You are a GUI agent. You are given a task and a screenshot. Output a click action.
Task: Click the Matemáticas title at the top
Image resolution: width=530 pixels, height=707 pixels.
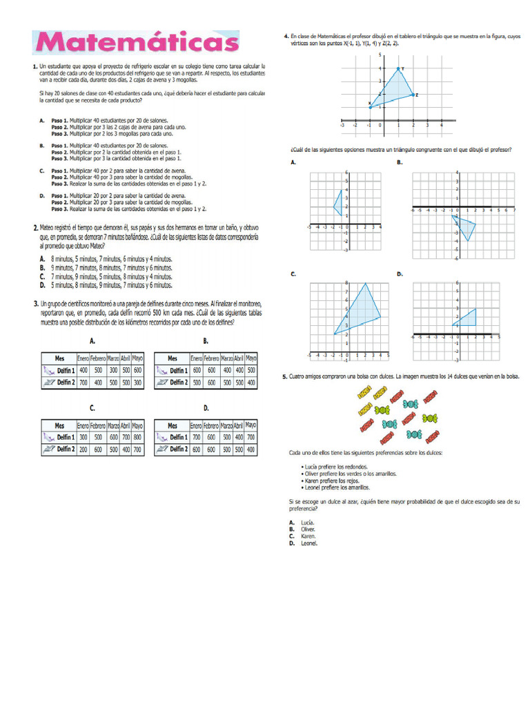tap(137, 43)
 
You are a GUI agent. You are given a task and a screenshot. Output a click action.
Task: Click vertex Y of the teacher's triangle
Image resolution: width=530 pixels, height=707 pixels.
tap(398, 68)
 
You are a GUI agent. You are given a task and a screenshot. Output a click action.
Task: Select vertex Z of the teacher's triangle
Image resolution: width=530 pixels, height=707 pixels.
tap(413, 94)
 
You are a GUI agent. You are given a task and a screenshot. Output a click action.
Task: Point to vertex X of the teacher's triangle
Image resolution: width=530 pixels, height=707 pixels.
tap(370, 107)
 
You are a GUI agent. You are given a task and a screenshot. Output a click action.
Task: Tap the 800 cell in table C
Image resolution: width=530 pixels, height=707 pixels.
tap(137, 437)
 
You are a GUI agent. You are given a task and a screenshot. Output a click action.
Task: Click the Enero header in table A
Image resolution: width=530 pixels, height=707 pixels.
tap(84, 358)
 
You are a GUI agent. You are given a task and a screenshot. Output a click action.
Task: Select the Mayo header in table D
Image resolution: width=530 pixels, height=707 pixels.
tap(251, 425)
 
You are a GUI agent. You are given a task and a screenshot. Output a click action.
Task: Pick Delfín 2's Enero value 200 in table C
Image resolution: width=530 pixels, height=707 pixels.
tap(84, 449)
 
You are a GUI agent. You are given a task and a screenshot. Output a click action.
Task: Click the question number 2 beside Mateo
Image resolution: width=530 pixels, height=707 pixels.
tap(35, 227)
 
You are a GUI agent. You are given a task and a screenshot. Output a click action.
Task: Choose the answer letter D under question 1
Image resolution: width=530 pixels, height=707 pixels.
tap(41, 195)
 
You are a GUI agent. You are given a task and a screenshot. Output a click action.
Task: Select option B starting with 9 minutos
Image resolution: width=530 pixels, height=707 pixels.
tap(42, 267)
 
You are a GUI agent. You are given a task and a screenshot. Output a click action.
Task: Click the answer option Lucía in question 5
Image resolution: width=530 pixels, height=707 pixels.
tap(307, 523)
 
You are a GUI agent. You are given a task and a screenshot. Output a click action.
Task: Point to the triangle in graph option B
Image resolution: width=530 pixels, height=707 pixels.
tap(465, 226)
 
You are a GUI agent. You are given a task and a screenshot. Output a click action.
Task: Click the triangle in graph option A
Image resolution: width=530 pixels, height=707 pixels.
tap(337, 202)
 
